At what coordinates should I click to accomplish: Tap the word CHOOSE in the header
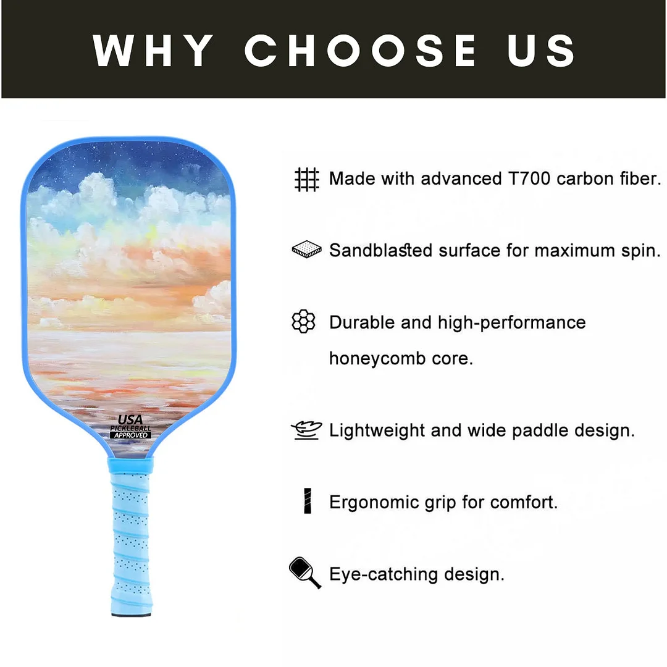coord(361,50)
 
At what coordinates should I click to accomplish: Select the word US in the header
coord(542,50)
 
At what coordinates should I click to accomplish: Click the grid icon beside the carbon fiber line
coord(306,179)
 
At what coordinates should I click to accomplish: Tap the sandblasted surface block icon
coord(306,250)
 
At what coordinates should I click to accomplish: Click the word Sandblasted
coord(380,251)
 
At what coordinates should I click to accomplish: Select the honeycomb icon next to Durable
coord(303,322)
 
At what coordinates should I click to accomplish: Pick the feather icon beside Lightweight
coord(306,430)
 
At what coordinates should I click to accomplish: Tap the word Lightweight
coord(376,430)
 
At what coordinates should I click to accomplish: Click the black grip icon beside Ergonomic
coord(308,501)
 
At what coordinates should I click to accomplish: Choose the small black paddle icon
coord(304,573)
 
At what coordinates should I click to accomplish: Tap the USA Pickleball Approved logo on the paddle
coord(130,426)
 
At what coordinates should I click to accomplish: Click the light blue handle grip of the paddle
coord(130,531)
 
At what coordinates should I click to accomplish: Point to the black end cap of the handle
coord(130,614)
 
